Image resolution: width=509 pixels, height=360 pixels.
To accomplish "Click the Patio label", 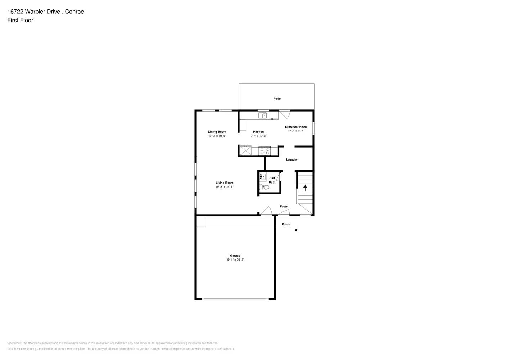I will coord(277,99).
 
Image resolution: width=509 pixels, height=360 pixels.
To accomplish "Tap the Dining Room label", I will coord(217,132).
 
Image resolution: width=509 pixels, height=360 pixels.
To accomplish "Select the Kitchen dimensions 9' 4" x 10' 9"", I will coord(258,136).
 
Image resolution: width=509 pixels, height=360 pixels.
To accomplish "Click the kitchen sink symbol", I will coord(262,116).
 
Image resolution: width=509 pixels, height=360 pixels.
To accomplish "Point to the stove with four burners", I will coord(265,151).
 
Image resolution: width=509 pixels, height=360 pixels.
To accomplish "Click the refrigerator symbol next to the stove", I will coord(246,150).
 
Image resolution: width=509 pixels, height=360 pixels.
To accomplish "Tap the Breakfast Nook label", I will coord(296,127).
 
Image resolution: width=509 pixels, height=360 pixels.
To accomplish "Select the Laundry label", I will coord(292,159).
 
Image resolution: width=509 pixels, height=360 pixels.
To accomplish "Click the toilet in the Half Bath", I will coord(264,187).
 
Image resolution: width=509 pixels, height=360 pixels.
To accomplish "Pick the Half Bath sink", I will coord(263,177).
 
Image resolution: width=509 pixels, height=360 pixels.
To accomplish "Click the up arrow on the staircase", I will coord(305,188).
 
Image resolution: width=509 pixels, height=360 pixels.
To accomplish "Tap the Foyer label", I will coord(284,207).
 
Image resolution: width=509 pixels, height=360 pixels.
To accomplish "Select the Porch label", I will coord(286,224).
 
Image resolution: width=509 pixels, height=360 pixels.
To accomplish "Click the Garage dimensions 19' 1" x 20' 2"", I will coord(235,260).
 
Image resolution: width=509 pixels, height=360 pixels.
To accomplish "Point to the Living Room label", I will coord(224,183).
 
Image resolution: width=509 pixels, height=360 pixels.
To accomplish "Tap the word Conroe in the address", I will coord(75,12).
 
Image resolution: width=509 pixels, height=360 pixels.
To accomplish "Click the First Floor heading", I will coord(20,20).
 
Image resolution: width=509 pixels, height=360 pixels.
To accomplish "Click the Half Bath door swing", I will coord(279,176).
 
